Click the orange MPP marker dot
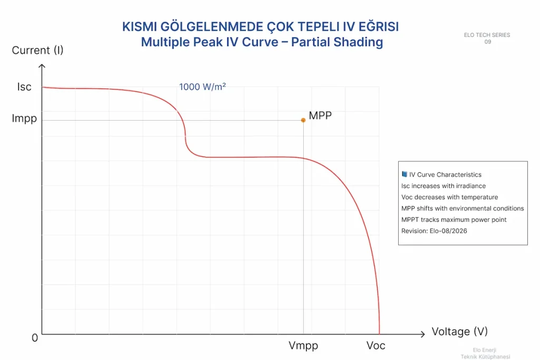(x=303, y=120)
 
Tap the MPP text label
(x=320, y=115)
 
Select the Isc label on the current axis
(x=24, y=87)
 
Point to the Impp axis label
(x=24, y=119)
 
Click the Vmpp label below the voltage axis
(x=303, y=346)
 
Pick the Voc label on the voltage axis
(x=375, y=346)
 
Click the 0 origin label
(x=35, y=338)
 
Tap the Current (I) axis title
(x=37, y=50)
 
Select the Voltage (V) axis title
(x=459, y=332)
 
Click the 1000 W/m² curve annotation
(x=202, y=87)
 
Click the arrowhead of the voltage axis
(x=423, y=334)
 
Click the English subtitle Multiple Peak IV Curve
(x=209, y=42)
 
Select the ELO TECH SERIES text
(x=487, y=35)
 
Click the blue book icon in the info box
(x=404, y=174)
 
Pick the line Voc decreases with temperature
(x=449, y=197)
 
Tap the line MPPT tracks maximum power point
(x=454, y=220)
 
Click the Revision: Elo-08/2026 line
(x=434, y=231)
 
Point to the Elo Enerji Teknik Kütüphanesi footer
(x=485, y=354)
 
